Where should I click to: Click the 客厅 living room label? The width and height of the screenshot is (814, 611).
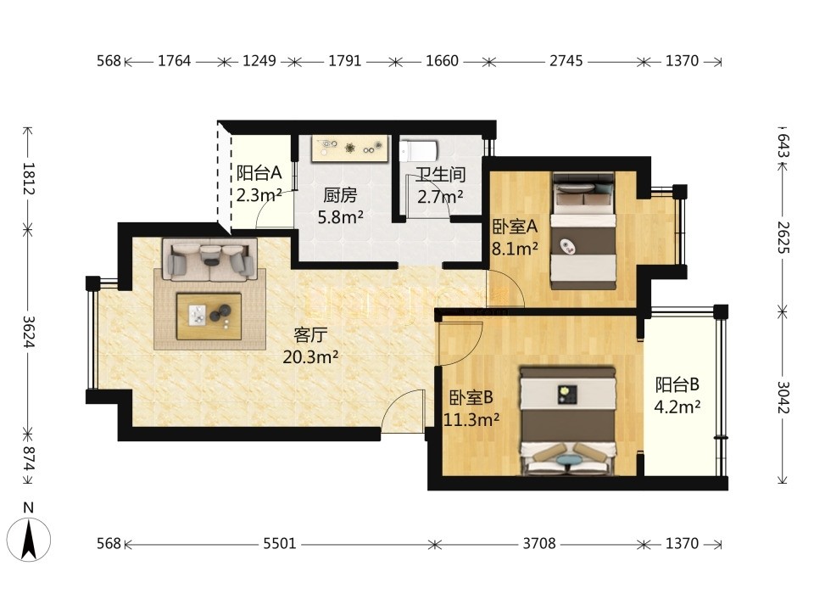(x=310, y=335)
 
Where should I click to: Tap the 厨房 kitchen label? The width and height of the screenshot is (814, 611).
(x=340, y=195)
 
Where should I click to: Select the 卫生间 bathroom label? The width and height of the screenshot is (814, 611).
(x=440, y=175)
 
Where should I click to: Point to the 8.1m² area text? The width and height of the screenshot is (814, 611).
(x=515, y=249)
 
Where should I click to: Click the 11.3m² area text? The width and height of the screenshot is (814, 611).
(x=471, y=418)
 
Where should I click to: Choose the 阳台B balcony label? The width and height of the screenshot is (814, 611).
(x=677, y=384)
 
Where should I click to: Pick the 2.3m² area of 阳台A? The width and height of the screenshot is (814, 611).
(x=259, y=195)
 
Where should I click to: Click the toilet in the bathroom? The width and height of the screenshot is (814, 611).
(x=419, y=151)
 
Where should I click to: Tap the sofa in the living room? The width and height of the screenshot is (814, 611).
(x=209, y=258)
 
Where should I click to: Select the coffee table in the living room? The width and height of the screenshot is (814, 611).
(x=209, y=317)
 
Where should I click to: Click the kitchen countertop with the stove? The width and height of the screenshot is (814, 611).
(x=350, y=149)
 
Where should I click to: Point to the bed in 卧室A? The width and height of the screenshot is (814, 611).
(x=583, y=231)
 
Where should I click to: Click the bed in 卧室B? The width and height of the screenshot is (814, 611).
(x=568, y=422)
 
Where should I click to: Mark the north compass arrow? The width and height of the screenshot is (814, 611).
(x=29, y=540)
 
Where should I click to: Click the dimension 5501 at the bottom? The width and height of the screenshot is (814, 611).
(x=280, y=543)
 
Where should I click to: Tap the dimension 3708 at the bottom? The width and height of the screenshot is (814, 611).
(x=539, y=543)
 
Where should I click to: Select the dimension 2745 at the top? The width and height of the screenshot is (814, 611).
(x=566, y=61)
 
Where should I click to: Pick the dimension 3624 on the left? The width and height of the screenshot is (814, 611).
(x=29, y=332)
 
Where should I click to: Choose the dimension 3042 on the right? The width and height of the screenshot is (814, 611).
(x=783, y=397)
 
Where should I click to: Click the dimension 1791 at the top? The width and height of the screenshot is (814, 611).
(x=345, y=61)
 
